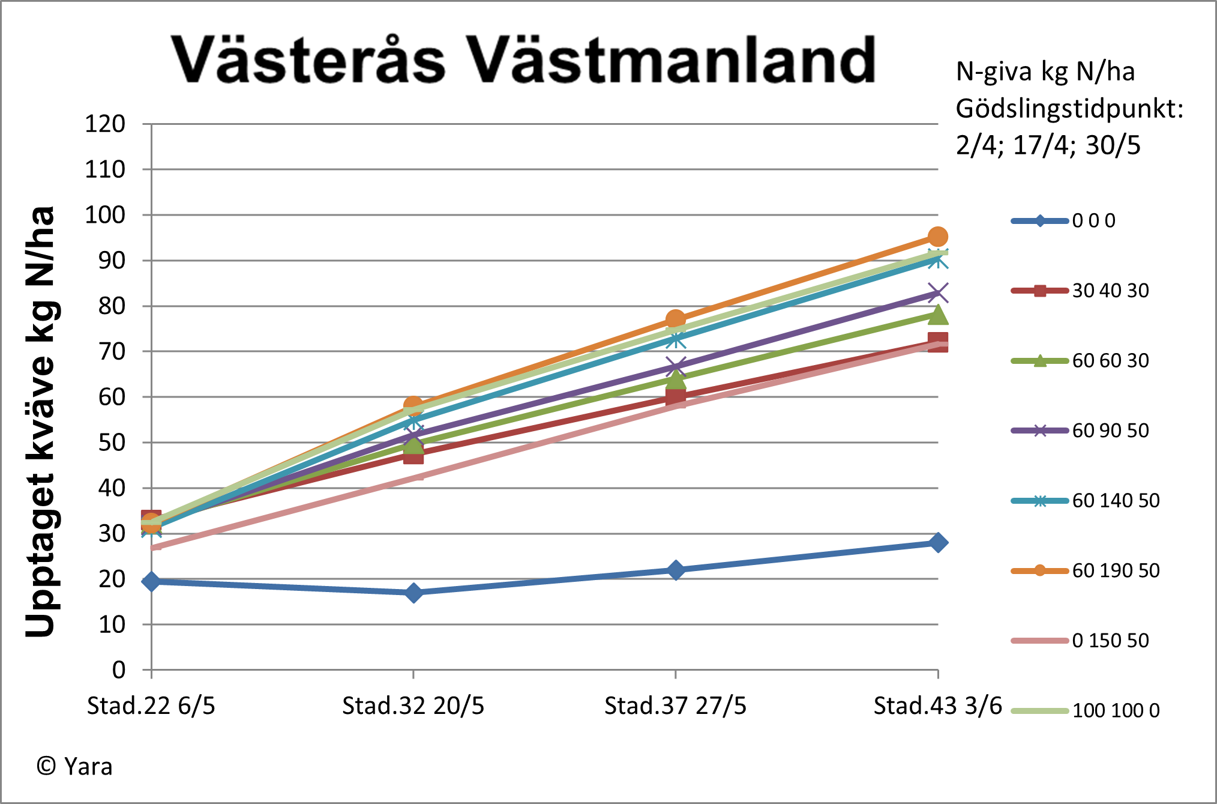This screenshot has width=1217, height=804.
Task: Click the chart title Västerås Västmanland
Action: (x=523, y=60)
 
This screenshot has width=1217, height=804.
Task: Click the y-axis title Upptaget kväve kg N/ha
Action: (x=41, y=420)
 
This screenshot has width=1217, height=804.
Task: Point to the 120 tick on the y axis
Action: (x=105, y=124)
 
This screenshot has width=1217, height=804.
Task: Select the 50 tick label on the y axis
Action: (x=112, y=443)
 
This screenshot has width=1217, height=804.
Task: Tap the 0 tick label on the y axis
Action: (x=119, y=669)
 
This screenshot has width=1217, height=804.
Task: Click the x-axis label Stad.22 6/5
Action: (x=151, y=706)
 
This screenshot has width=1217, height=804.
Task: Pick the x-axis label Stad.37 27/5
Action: (x=675, y=706)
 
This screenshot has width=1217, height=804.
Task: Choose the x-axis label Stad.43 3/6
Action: (x=937, y=706)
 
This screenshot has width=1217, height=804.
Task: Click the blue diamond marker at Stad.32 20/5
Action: (x=413, y=593)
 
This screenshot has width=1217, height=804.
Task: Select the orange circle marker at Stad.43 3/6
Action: (x=938, y=237)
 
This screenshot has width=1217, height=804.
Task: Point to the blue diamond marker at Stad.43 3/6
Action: (x=938, y=542)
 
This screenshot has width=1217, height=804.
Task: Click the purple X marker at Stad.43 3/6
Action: (x=938, y=293)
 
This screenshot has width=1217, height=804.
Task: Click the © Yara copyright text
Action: (x=74, y=767)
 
